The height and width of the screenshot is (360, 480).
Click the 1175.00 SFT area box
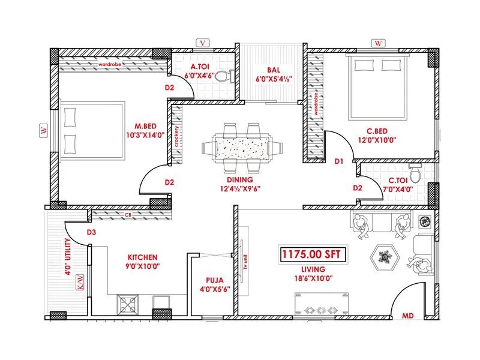click(x=311, y=254)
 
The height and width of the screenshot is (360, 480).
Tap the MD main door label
click(x=407, y=315)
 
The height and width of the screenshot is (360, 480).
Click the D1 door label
click(x=339, y=161)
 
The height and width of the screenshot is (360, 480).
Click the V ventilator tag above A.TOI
click(x=203, y=43)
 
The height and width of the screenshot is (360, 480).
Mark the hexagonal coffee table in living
click(x=385, y=257)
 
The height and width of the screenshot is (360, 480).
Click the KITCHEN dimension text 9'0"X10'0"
click(x=142, y=265)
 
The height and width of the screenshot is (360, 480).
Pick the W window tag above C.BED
click(x=378, y=43)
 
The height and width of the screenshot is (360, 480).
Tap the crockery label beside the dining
click(x=177, y=137)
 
